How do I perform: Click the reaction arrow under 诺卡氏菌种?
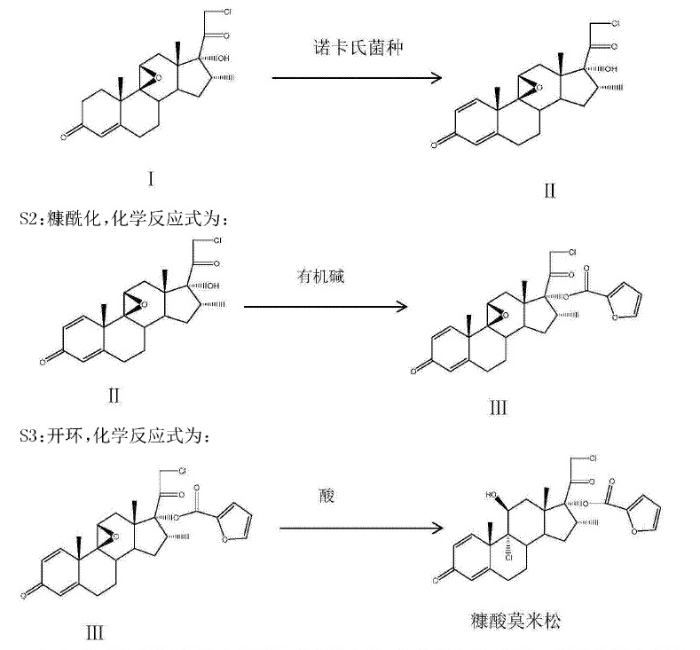[x=356, y=78]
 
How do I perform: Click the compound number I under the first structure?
[x=152, y=179]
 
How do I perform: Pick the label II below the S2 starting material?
[x=113, y=395]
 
